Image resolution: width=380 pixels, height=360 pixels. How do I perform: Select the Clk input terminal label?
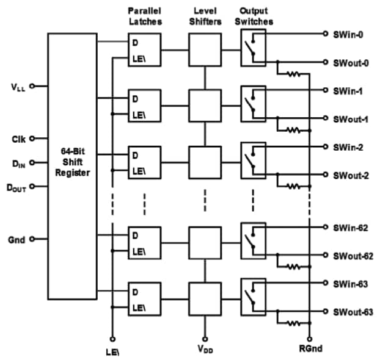pyautogui.click(x=18, y=139)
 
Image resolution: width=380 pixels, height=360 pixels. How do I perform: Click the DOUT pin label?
pyautogui.click(x=16, y=189)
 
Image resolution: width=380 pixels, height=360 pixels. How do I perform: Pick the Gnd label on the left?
pyautogui.click(x=17, y=240)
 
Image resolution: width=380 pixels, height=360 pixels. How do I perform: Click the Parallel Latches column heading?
pyautogui.click(x=144, y=16)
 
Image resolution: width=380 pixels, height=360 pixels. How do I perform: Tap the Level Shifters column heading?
pyautogui.click(x=205, y=16)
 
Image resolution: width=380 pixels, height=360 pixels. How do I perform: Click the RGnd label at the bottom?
pyautogui.click(x=310, y=348)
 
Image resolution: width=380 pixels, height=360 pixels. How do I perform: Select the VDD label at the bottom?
pyautogui.click(x=205, y=349)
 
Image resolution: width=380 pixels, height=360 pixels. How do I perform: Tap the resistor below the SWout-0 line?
pyautogui.click(x=294, y=74)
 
